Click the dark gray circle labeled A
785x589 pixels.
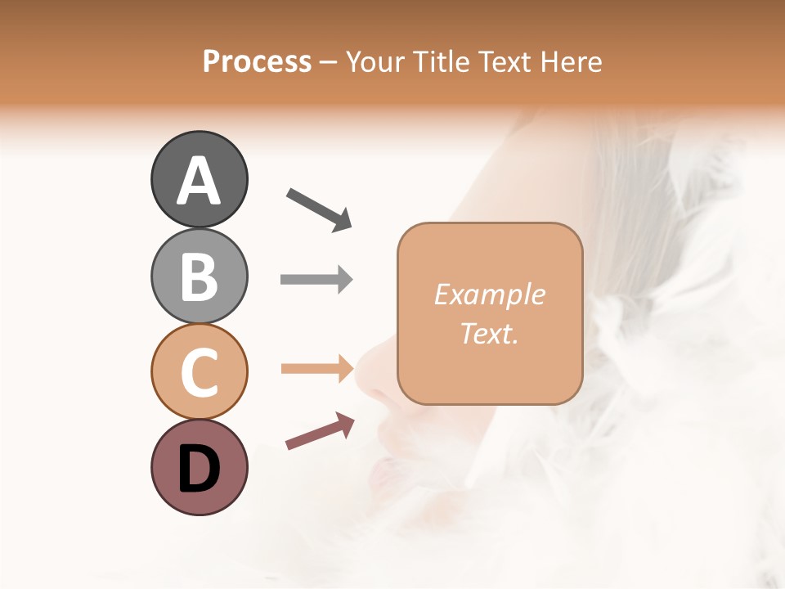click(199, 179)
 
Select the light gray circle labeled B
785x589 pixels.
click(199, 276)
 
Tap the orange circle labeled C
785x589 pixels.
click(199, 371)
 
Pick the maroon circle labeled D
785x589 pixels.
click(199, 467)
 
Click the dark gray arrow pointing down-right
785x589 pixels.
click(319, 209)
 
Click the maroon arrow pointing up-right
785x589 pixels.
click(320, 431)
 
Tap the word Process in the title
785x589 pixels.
click(257, 61)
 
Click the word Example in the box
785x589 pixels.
click(489, 294)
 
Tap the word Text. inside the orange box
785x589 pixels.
click(489, 333)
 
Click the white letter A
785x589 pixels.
click(199, 181)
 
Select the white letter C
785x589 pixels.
click(199, 372)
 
